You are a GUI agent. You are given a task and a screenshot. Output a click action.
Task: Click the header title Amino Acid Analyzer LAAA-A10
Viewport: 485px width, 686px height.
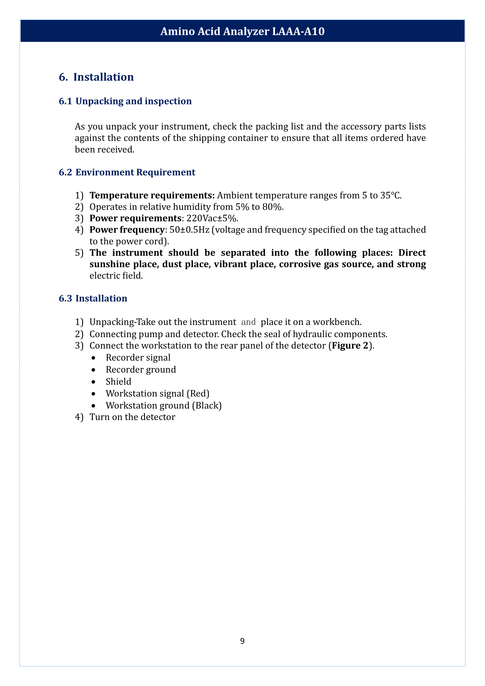tap(242, 31)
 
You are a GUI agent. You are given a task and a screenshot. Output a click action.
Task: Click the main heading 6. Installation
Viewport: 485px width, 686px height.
tap(96, 77)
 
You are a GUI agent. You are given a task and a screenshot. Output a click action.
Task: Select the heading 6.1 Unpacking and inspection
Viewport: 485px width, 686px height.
tap(125, 101)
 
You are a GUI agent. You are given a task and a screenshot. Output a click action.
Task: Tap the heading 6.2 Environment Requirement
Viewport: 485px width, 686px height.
tap(127, 172)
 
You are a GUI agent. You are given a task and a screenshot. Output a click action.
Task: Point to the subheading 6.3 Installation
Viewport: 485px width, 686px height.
tap(93, 299)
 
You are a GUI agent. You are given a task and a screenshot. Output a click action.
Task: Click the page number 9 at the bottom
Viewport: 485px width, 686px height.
tap(242, 641)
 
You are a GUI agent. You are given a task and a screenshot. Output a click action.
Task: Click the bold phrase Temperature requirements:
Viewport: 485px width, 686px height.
tap(152, 195)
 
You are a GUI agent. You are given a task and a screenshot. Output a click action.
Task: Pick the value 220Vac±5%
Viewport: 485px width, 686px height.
tap(212, 218)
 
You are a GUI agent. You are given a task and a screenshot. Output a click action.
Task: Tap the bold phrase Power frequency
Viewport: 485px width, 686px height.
tap(127, 230)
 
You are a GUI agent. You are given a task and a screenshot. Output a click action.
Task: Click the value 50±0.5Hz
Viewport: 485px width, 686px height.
tap(189, 230)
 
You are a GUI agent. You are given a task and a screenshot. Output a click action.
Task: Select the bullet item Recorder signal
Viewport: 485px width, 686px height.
tap(138, 358)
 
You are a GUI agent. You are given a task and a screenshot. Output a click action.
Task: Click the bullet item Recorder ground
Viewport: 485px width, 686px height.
tap(141, 370)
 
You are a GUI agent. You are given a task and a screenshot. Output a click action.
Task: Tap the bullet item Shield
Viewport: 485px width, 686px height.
tap(118, 382)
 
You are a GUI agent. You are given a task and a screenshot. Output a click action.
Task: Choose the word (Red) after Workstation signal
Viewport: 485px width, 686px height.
tap(198, 394)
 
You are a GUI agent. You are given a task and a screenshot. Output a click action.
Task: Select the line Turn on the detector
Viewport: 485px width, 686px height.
tap(132, 417)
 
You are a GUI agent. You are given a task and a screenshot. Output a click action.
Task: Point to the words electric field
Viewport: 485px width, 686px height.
tap(116, 275)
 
